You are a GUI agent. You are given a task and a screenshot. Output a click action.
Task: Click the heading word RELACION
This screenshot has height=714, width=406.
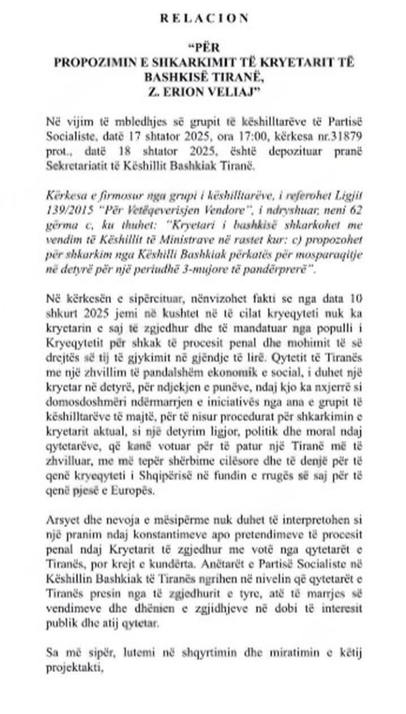coord(203,19)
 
